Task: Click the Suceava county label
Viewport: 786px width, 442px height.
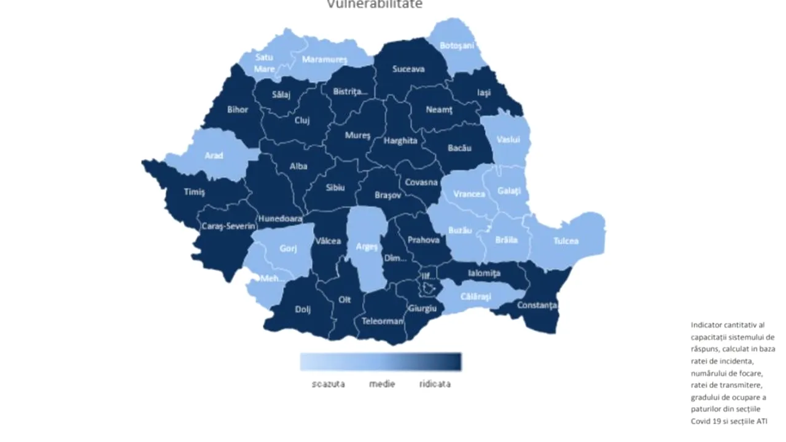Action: (408, 69)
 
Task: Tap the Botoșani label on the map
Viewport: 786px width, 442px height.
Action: (457, 46)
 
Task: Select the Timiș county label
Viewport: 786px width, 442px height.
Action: (195, 192)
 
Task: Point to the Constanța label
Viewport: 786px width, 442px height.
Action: (537, 304)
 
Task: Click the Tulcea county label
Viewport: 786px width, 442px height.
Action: (565, 241)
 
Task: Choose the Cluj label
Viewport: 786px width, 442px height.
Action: (302, 120)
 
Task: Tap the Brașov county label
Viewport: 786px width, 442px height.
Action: (387, 195)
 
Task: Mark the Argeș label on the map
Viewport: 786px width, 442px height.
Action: (367, 247)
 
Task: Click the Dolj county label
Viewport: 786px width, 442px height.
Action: (303, 309)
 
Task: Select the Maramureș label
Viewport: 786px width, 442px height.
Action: (324, 60)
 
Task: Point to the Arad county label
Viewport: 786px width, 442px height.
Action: (214, 155)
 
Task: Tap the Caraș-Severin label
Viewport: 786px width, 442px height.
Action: (228, 227)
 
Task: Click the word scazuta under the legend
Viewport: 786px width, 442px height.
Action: (328, 384)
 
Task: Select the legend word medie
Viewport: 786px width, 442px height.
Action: (382, 384)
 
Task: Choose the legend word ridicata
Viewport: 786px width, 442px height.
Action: (435, 384)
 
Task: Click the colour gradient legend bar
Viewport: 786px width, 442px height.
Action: (381, 362)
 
